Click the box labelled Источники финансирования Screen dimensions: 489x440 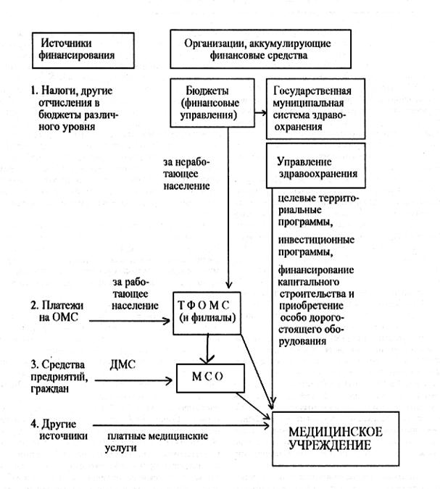(x=78, y=49)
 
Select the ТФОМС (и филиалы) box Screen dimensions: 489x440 (x=209, y=312)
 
